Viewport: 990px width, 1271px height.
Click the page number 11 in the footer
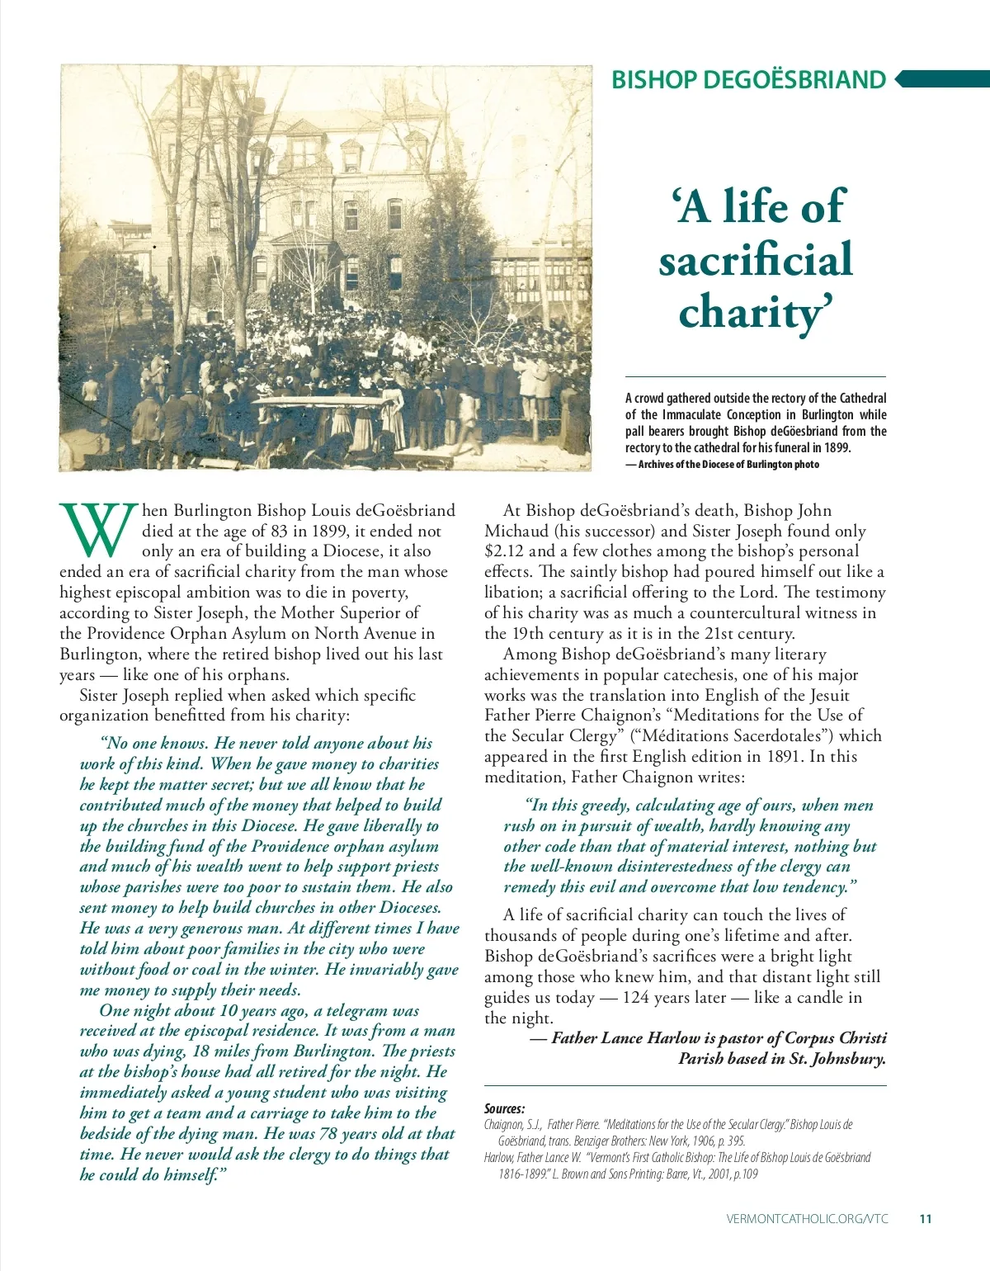coord(925,1218)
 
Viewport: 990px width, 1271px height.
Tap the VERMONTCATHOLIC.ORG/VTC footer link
coord(808,1218)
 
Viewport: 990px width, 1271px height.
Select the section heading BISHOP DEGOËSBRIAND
coord(748,79)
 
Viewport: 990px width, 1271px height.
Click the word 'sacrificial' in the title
coord(755,259)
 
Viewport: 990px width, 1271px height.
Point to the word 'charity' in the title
coord(752,313)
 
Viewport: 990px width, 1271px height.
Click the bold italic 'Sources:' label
coord(504,1108)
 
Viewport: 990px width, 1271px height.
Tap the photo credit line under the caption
coord(722,465)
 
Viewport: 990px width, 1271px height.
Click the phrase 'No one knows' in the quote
coord(153,744)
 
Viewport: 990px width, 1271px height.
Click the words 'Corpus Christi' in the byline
coord(835,1038)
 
